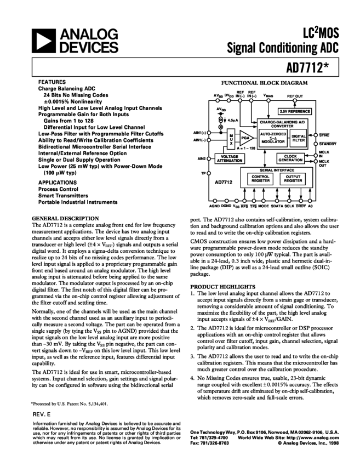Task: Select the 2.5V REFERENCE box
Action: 295,111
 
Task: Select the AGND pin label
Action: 213,207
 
